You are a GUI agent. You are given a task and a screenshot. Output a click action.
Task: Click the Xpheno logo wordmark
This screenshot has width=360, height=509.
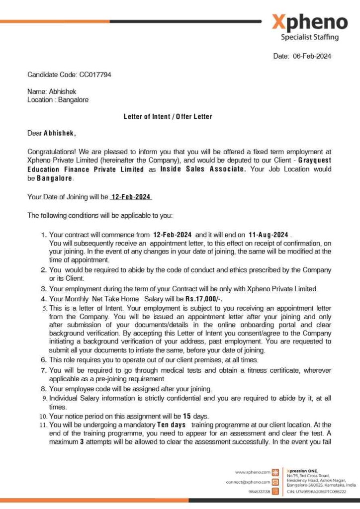click(309, 22)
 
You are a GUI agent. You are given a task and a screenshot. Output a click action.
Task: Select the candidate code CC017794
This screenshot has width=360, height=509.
click(95, 75)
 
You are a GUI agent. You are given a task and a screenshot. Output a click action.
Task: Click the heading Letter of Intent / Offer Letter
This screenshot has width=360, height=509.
click(168, 117)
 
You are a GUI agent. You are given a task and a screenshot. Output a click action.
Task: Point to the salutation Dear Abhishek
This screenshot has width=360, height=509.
click(52, 133)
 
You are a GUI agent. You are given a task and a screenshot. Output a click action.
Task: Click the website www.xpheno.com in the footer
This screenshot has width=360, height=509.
click(252, 472)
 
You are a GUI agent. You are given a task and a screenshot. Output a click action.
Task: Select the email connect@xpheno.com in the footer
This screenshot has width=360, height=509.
click(248, 482)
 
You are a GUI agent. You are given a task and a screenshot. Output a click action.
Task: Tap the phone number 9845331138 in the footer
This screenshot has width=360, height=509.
click(259, 492)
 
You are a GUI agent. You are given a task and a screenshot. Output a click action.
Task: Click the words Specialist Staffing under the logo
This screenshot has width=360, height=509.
click(309, 37)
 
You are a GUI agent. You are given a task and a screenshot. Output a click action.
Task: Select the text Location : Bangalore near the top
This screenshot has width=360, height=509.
click(58, 100)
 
